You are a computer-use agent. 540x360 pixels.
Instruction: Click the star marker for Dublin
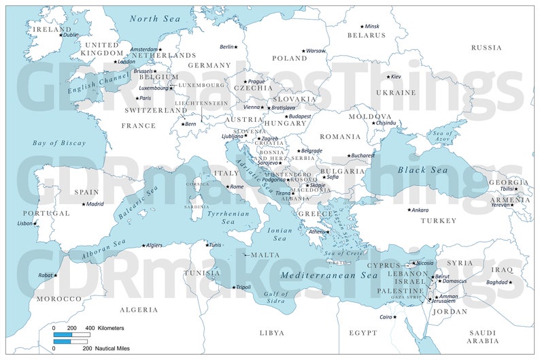pos(60,35)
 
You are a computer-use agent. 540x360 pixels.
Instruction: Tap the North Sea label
pos(155,19)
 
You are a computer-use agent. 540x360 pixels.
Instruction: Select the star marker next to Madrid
pos(84,204)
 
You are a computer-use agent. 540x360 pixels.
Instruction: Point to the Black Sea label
pos(422,170)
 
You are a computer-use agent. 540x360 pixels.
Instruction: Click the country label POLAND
pos(290,59)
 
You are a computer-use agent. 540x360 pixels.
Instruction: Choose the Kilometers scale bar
pos(71,335)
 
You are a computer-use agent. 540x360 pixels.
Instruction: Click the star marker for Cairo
pos(394,316)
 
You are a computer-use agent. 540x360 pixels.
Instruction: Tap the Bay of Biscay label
pos(60,143)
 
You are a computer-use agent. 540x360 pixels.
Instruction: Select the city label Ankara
pos(420,210)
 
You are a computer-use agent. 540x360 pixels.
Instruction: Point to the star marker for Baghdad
pos(511,282)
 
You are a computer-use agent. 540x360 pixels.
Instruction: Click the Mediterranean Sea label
pos(329,276)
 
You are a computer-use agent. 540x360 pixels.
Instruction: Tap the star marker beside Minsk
pos(362,27)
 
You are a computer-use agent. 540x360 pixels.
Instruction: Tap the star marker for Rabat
pos(56,276)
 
